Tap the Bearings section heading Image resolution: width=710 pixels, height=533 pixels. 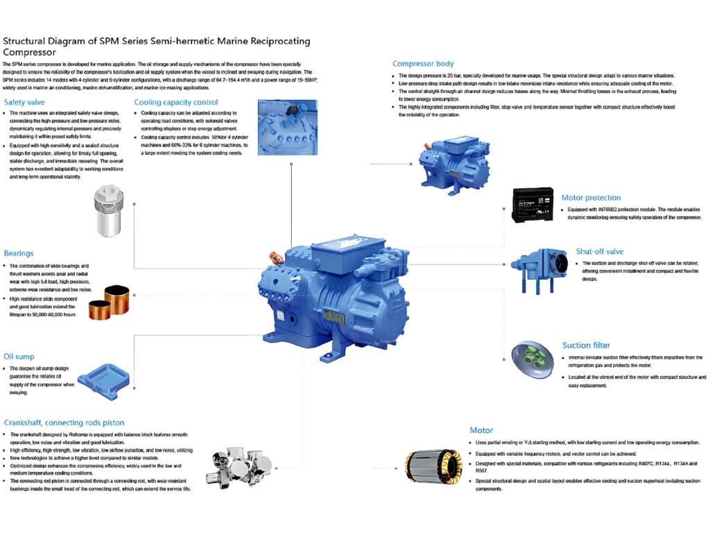pos(19,253)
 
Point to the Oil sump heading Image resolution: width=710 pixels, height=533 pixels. pos(19,357)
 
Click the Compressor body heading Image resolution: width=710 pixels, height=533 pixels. pos(423,64)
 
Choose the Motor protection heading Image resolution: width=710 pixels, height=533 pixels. pos(591,198)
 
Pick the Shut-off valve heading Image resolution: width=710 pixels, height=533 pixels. pos(600,252)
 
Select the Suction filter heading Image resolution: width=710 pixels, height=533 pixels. pos(587,345)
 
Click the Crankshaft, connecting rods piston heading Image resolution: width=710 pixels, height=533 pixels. pos(64,422)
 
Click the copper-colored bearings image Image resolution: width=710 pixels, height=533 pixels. pos(113,303)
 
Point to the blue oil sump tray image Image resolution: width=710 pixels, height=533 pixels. pos(103,379)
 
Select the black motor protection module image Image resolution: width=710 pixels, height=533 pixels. pos(532,204)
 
